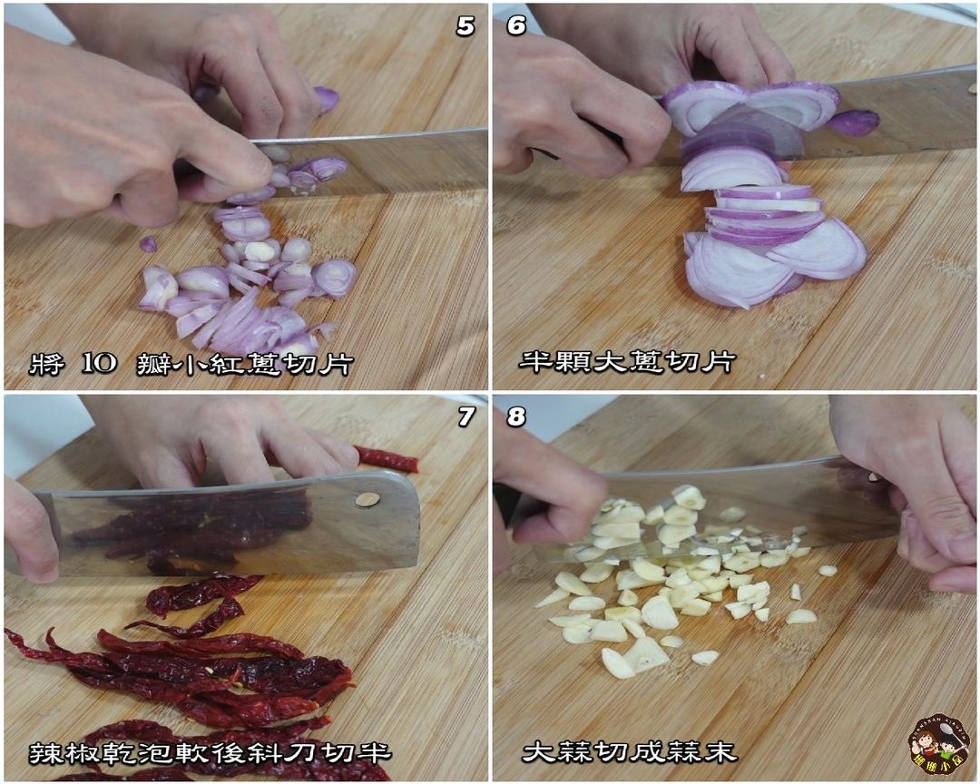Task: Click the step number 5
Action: point(465,26)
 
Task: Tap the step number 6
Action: point(516,26)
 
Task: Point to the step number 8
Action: point(516,416)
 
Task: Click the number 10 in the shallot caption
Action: point(99,363)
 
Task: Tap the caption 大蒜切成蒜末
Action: point(630,750)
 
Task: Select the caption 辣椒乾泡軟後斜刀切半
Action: point(210,753)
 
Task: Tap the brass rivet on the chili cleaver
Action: point(367,499)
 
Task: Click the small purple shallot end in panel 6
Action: point(854,122)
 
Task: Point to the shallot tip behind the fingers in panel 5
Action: point(327,100)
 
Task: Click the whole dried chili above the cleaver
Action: point(387,459)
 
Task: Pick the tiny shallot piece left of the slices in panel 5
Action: point(148,244)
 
